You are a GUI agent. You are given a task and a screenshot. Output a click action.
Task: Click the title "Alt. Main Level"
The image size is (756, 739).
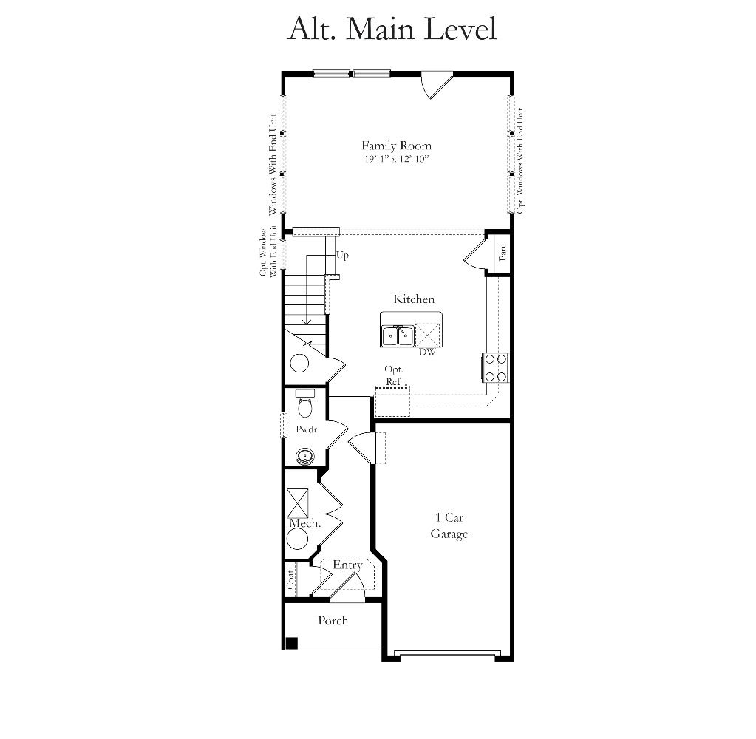392,29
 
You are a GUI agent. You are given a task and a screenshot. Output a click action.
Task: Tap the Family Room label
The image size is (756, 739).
396,146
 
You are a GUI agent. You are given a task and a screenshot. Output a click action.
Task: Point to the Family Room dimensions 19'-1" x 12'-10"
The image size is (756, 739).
396,159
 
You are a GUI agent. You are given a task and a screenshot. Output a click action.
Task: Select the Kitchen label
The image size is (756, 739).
414,299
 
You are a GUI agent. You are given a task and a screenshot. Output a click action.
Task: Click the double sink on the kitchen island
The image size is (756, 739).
398,336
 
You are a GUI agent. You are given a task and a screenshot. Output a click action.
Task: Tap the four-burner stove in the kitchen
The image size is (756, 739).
495,367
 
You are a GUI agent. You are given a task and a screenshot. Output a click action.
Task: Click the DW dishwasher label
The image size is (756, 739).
426,352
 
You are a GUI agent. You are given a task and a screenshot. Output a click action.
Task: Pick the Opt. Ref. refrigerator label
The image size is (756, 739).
394,375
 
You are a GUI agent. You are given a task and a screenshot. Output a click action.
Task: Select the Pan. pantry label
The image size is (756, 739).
503,252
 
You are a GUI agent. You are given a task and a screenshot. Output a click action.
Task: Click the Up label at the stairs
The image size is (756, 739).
342,255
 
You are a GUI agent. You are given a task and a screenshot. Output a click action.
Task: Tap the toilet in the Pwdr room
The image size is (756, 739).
304,403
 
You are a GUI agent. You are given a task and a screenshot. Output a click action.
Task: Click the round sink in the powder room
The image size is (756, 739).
305,456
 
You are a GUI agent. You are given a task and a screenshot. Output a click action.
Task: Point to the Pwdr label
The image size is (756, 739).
307,429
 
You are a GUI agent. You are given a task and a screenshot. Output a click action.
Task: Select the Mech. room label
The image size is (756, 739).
305,523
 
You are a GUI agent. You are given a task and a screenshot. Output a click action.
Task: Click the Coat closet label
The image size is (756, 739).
290,579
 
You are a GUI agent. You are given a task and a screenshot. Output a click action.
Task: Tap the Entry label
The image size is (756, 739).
347,565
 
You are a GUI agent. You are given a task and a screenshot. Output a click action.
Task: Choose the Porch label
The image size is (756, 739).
333,621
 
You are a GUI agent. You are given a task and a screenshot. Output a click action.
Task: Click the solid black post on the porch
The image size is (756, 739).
292,643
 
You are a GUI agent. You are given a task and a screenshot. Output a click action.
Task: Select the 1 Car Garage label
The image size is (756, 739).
449,525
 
